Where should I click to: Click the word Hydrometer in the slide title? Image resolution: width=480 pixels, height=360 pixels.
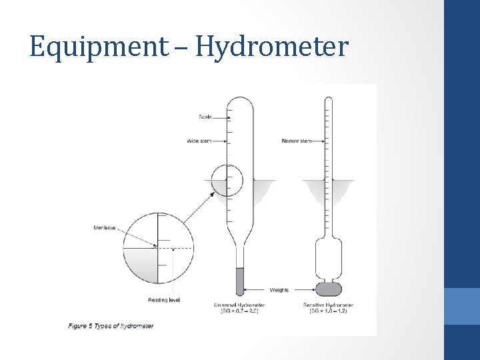(x=272, y=47)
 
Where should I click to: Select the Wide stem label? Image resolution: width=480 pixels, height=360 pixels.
(x=199, y=141)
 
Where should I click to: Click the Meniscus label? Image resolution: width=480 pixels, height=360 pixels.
(x=105, y=228)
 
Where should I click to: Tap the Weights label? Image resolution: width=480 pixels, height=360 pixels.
(x=279, y=290)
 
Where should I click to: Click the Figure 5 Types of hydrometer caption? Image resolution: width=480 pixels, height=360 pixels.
(x=111, y=326)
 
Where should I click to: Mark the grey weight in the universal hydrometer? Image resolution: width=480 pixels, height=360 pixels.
(x=239, y=281)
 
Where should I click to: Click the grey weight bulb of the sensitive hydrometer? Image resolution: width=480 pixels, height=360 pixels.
(x=328, y=289)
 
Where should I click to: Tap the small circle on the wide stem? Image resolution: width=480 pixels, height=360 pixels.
(x=227, y=179)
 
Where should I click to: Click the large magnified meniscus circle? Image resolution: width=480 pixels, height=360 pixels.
(x=157, y=248)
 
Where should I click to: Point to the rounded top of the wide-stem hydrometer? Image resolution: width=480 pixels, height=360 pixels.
(x=239, y=104)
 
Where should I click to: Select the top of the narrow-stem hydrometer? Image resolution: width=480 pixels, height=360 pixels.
(x=327, y=100)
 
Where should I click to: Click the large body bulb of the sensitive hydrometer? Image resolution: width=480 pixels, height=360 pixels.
(x=328, y=256)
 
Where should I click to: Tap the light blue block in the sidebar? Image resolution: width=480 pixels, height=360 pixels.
(x=462, y=306)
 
